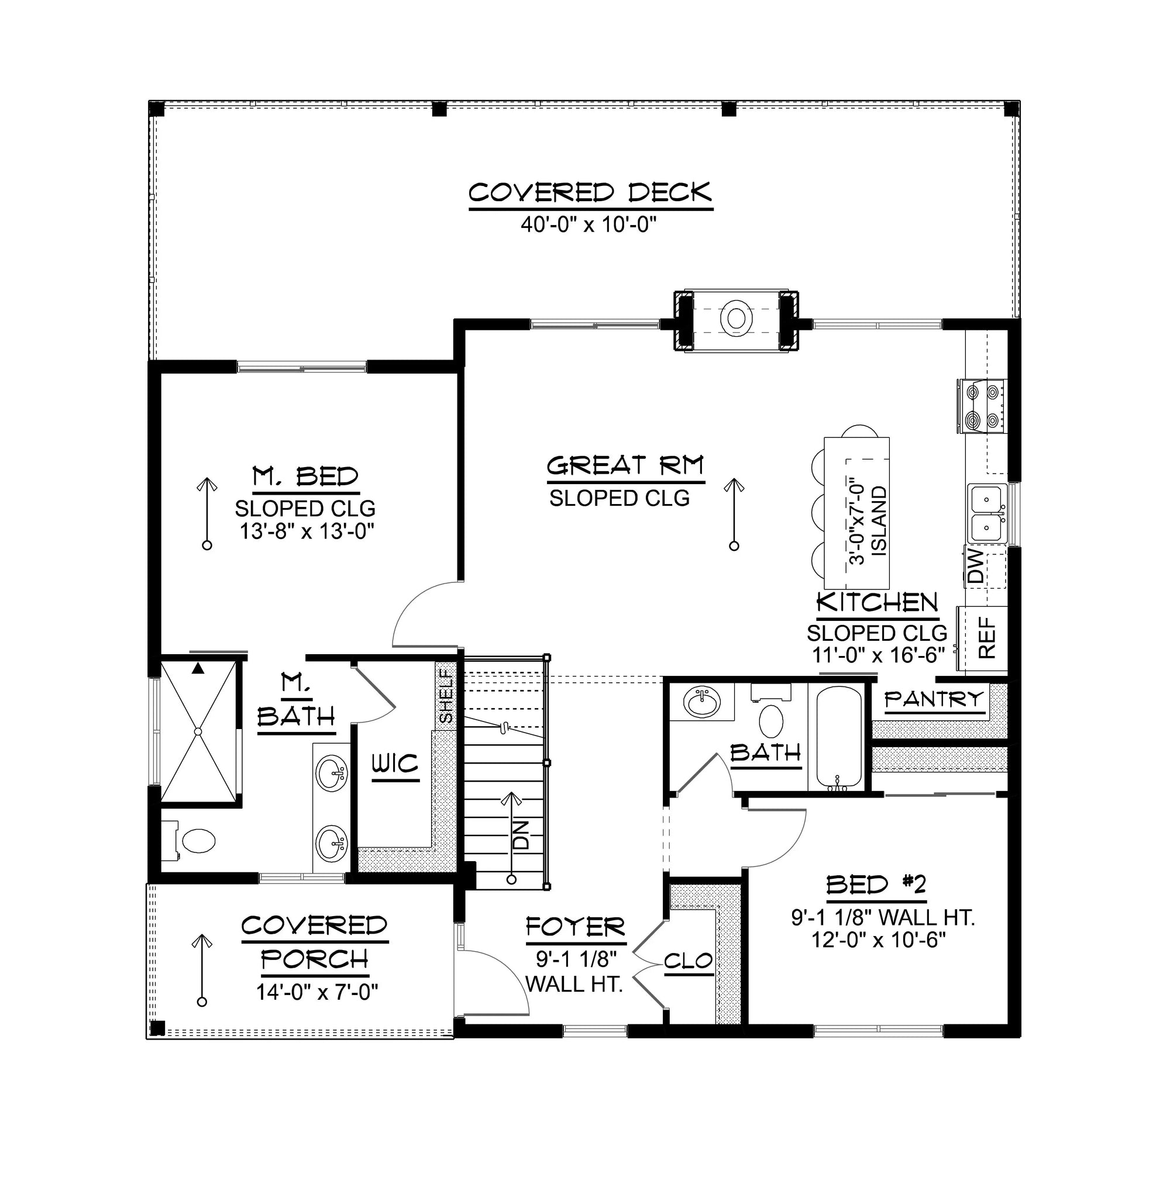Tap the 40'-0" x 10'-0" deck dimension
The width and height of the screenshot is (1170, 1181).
588,225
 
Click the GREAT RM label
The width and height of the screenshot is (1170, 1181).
625,466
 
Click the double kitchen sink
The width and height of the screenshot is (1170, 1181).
987,512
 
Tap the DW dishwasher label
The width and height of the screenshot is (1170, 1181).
976,565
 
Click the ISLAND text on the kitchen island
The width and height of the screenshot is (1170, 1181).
878,520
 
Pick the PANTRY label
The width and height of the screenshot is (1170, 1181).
934,699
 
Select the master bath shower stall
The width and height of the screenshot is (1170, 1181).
198,730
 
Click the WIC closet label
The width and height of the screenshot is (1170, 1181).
395,764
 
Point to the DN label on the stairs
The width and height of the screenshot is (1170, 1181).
521,834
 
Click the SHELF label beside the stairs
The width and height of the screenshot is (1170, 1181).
446,696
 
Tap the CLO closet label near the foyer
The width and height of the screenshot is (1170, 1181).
688,962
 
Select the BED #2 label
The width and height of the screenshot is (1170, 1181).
876,885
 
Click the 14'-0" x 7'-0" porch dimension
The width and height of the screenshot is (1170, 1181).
317,992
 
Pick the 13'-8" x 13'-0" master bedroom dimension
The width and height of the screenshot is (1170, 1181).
306,531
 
